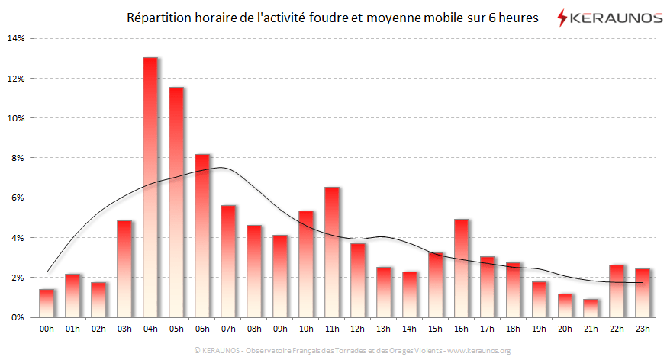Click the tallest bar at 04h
pos(150,187)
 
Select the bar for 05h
pos(176,202)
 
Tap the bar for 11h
pos(331,252)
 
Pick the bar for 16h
pos(461,268)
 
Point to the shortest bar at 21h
pos(591,308)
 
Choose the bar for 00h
pos(47,303)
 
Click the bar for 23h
pos(643,293)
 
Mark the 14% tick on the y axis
pos(16,39)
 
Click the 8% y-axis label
pos(18,158)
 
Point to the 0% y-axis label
pos(18,317)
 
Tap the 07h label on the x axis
pos(228,330)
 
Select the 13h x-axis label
pos(383,330)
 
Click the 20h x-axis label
pos(565,330)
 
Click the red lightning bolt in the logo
pos(562,17)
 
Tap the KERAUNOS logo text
pos(617,17)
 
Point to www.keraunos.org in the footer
pos(478,351)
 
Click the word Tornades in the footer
pos(349,351)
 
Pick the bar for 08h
pos(254,271)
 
